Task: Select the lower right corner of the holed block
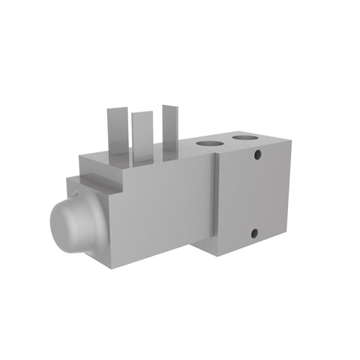[x=288, y=234]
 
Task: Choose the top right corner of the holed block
[x=292, y=140]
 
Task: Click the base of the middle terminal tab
[x=142, y=160]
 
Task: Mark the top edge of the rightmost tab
[x=169, y=106]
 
